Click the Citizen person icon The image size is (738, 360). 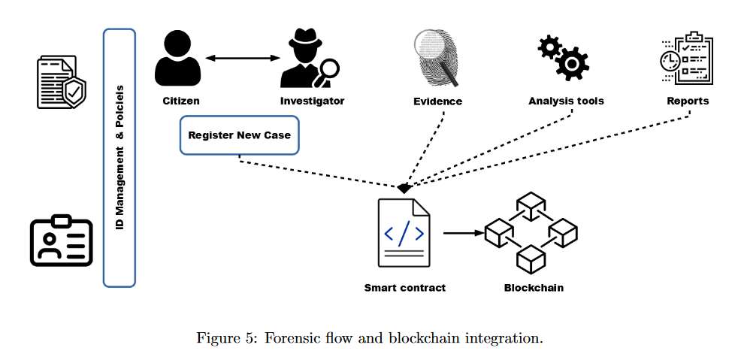pyautogui.click(x=177, y=58)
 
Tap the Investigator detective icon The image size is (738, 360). pyautogui.click(x=309, y=59)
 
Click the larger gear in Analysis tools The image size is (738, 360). pyautogui.click(x=572, y=63)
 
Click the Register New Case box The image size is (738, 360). pyautogui.click(x=240, y=135)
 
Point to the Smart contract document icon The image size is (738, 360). pyautogui.click(x=404, y=232)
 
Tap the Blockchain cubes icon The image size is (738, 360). pyautogui.click(x=531, y=232)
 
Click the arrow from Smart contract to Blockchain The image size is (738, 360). pyautogui.click(x=464, y=232)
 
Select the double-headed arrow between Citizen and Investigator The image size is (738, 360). pyautogui.click(x=243, y=58)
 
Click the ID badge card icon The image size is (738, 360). pyautogui.click(x=62, y=241)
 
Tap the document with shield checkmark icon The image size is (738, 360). pyautogui.click(x=62, y=82)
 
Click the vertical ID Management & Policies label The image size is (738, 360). pyautogui.click(x=119, y=157)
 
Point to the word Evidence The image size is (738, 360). pyautogui.click(x=437, y=101)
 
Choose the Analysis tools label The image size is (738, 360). pyautogui.click(x=566, y=101)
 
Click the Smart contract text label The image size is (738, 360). pyautogui.click(x=405, y=288)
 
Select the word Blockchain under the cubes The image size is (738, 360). pyautogui.click(x=534, y=288)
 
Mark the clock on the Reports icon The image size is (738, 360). pyautogui.click(x=670, y=60)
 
